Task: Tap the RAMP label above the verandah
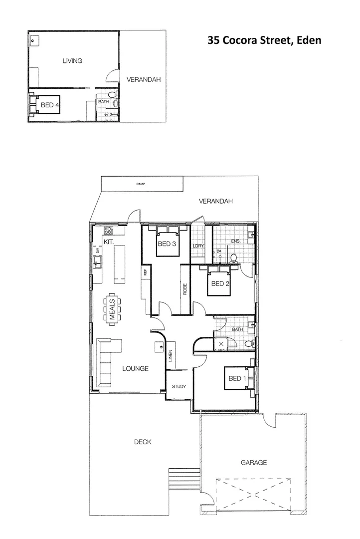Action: pos(140,184)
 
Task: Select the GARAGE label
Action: pos(254,463)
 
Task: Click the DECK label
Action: pos(143,442)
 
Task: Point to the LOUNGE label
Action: pos(136,369)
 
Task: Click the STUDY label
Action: pos(179,387)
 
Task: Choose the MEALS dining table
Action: pos(112,309)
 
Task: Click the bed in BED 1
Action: pos(237,378)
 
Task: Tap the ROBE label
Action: pos(184,289)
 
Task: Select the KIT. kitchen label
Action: pos(110,242)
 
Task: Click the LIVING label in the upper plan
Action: pos(72,61)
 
